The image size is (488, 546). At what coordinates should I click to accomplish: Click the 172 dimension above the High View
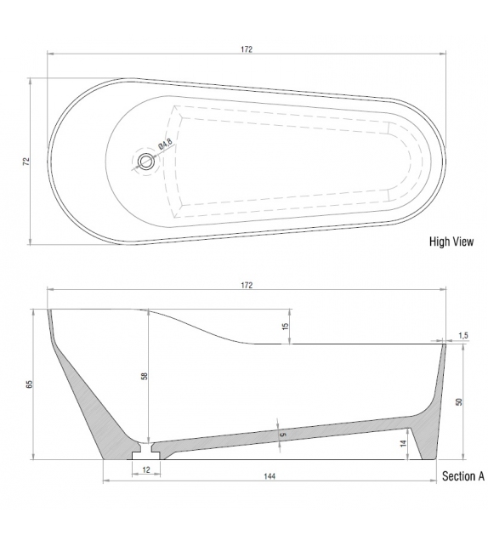tap(247, 49)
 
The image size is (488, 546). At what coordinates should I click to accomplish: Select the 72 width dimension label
tap(26, 160)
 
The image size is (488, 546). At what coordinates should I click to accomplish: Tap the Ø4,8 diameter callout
tap(165, 145)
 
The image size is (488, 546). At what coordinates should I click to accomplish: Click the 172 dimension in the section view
tap(247, 285)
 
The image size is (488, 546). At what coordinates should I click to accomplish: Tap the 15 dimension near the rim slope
tap(285, 327)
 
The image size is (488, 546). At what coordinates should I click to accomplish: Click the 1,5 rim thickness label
tap(463, 335)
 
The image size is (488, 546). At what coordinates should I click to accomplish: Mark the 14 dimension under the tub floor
tap(404, 442)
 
